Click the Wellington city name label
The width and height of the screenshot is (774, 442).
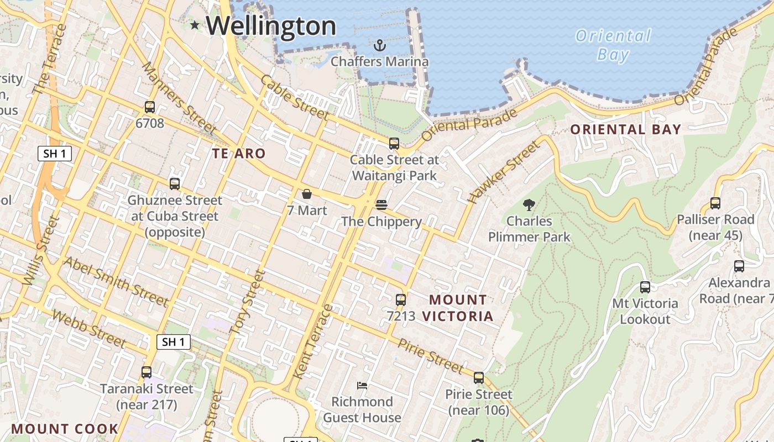tap(271, 26)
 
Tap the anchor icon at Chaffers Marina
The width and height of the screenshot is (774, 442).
tap(379, 45)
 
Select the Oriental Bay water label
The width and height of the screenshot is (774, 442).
tap(613, 45)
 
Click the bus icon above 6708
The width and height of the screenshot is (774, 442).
tap(149, 107)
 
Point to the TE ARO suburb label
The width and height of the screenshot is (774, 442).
tap(239, 153)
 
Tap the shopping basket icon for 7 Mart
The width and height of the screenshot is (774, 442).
tap(307, 194)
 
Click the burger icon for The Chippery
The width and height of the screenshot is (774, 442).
tap(381, 205)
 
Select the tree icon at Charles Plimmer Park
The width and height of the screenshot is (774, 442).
tap(529, 205)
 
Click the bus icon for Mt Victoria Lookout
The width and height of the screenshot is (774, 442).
tap(645, 287)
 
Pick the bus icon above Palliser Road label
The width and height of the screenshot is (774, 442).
tap(715, 203)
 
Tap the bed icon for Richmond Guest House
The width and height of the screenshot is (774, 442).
tap(362, 385)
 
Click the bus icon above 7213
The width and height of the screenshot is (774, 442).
tap(401, 300)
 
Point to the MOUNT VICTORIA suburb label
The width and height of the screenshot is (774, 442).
tap(458, 308)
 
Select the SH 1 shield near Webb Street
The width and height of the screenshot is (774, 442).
tap(174, 342)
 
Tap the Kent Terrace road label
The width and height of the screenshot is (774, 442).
tap(312, 343)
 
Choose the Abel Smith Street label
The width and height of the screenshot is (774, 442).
tap(116, 282)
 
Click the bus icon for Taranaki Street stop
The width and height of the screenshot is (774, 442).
tap(147, 372)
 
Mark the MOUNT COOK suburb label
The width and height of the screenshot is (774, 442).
tap(65, 429)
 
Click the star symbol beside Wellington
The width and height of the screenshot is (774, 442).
tap(195, 25)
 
